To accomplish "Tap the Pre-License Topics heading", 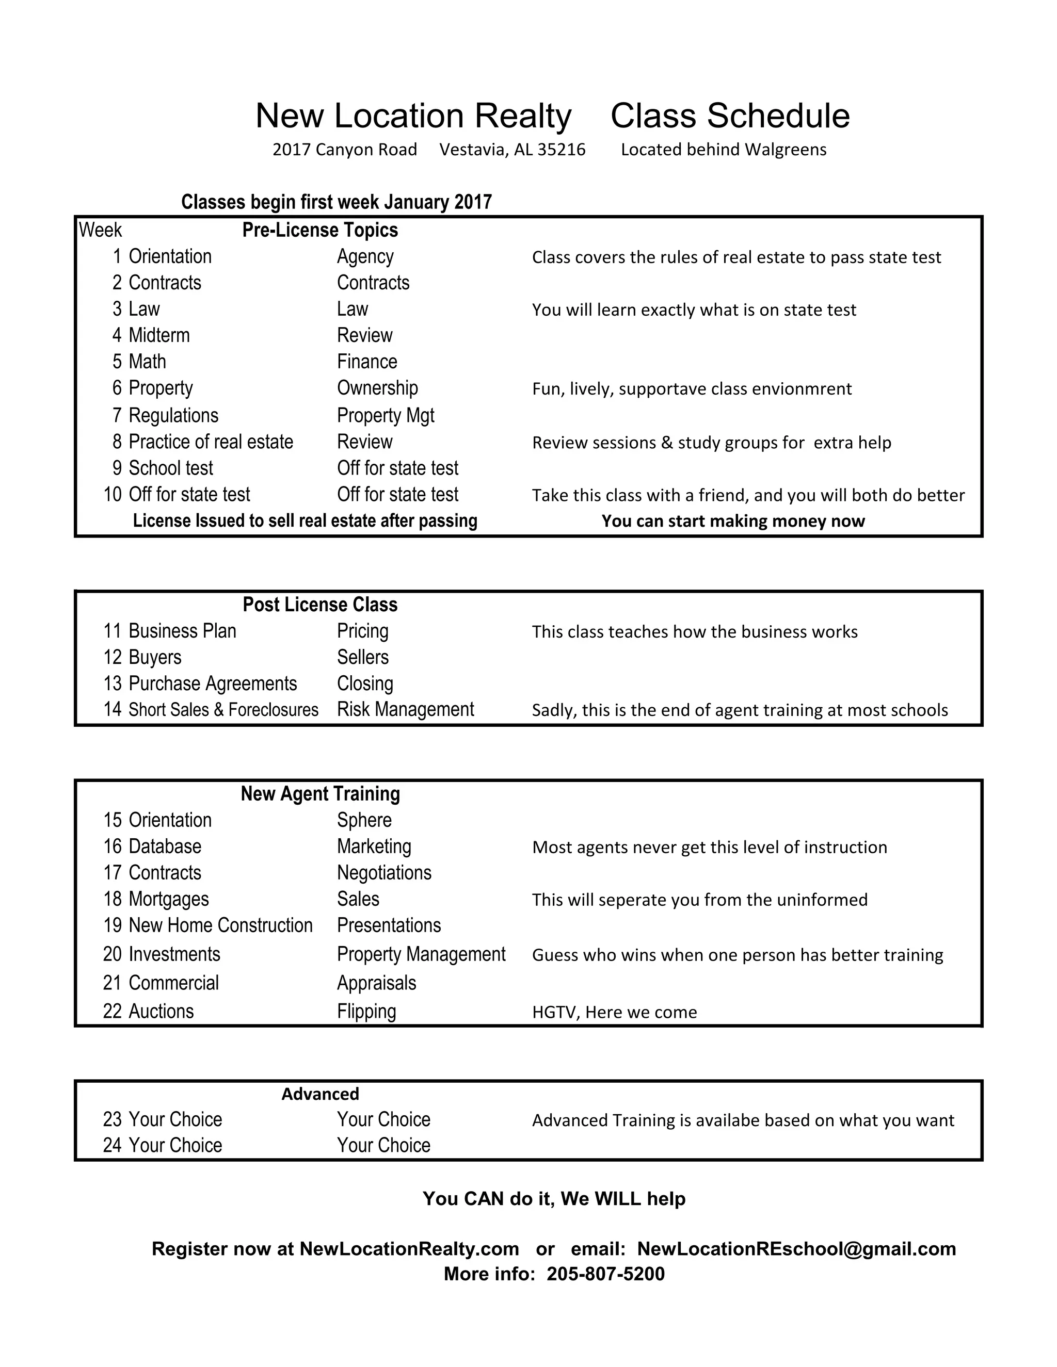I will pos(320,231).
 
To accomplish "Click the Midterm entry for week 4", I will pos(159,335).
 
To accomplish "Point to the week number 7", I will pos(117,416).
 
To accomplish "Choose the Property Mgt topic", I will pos(385,416).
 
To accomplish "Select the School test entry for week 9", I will pos(170,468).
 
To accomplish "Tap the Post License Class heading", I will pos(320,605).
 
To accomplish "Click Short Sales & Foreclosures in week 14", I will pos(223,710).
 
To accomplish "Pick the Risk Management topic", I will pos(405,710).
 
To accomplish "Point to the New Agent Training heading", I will pos(320,794).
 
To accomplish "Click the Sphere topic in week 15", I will pos(364,820).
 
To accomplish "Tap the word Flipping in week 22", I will pos(366,1012).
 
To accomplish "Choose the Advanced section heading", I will pos(320,1094).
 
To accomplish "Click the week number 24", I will pos(112,1145).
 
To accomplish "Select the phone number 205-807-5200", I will pos(605,1274).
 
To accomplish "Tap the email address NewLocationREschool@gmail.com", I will pos(796,1249).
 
